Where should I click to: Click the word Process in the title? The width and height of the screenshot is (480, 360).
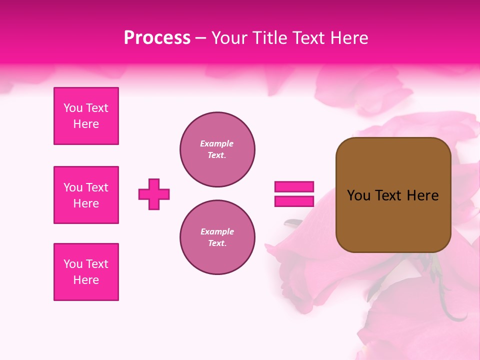157,38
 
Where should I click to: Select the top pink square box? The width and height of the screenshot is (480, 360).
86,116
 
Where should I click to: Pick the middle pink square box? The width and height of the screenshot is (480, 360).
86,195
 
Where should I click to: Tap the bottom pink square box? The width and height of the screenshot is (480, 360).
86,272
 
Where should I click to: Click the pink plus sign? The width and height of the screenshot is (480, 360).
154,194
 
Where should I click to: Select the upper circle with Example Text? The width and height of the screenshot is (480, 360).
217,149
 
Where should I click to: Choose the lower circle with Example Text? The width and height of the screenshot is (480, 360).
217,237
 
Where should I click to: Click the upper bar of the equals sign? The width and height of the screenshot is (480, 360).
294,187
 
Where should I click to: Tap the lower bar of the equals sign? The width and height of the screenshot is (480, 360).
294,201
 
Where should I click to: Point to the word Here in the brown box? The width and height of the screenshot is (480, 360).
422,195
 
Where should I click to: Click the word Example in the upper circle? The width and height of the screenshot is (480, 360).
217,144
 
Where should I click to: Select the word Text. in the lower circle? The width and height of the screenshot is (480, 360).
217,243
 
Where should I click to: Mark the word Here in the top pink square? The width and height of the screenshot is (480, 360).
86,124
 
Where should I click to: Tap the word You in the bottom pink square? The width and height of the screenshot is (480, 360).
73,264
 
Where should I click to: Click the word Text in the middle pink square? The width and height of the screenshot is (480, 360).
97,187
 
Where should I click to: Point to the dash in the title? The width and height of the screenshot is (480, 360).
201,38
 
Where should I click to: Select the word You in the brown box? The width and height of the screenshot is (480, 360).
358,195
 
